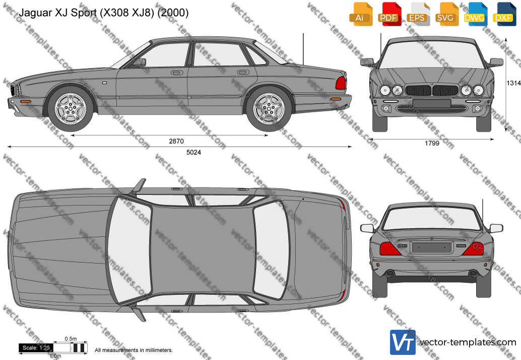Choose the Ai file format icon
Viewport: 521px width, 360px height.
[x=360, y=14]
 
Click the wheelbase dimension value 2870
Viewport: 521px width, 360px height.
[x=176, y=141]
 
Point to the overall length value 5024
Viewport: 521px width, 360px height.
[x=193, y=152]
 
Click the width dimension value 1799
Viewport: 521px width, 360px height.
[x=432, y=143]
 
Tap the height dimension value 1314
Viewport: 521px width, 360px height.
[x=513, y=83]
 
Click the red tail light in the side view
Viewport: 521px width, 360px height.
[x=341, y=83]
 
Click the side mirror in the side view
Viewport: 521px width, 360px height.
[x=140, y=62]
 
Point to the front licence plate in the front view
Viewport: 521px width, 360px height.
[x=432, y=103]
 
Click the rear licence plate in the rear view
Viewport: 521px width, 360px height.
[x=432, y=248]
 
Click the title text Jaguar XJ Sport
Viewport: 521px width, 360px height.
[x=58, y=13]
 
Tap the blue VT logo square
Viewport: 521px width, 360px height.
[x=403, y=342]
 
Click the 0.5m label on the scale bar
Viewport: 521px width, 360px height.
[x=71, y=339]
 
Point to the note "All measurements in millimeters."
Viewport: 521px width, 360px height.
[x=134, y=350]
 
